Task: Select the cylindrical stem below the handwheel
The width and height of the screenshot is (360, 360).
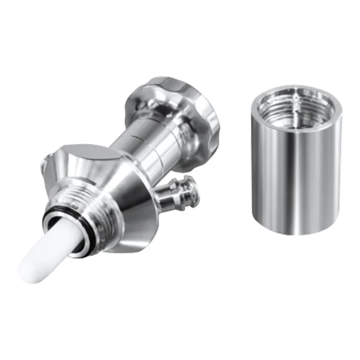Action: (x=144, y=139)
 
